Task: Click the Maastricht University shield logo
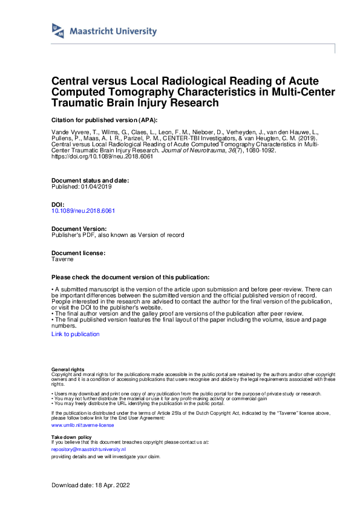58,31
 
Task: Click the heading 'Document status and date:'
90,181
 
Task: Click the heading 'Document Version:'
79,229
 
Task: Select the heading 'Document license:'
79,253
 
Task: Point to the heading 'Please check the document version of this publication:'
131,277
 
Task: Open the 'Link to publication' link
76,334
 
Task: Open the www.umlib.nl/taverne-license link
83,425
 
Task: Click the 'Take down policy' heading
71,436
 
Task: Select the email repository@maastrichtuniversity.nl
88,450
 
